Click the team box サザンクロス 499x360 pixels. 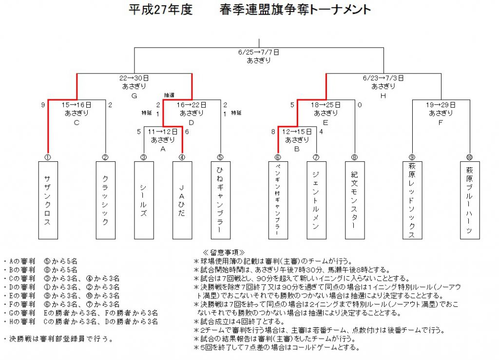48,200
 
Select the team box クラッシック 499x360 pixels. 106,200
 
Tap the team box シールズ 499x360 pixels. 144,200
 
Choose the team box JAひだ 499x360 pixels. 182,200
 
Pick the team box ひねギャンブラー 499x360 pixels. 221,200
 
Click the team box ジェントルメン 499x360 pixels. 316,200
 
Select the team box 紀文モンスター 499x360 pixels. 355,200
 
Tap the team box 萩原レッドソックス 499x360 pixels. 412,200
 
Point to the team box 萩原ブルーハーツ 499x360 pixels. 470,200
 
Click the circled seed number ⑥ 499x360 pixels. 278,157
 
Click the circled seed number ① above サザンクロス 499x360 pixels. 48,157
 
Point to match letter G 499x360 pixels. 134,96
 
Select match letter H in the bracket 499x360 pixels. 383,96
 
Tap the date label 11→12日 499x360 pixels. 163,132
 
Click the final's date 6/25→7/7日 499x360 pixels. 259,52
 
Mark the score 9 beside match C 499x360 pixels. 43,105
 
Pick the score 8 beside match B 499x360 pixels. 273,132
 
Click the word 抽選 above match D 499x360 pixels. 169,95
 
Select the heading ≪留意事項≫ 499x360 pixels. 224,252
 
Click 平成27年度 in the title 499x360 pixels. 161,10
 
